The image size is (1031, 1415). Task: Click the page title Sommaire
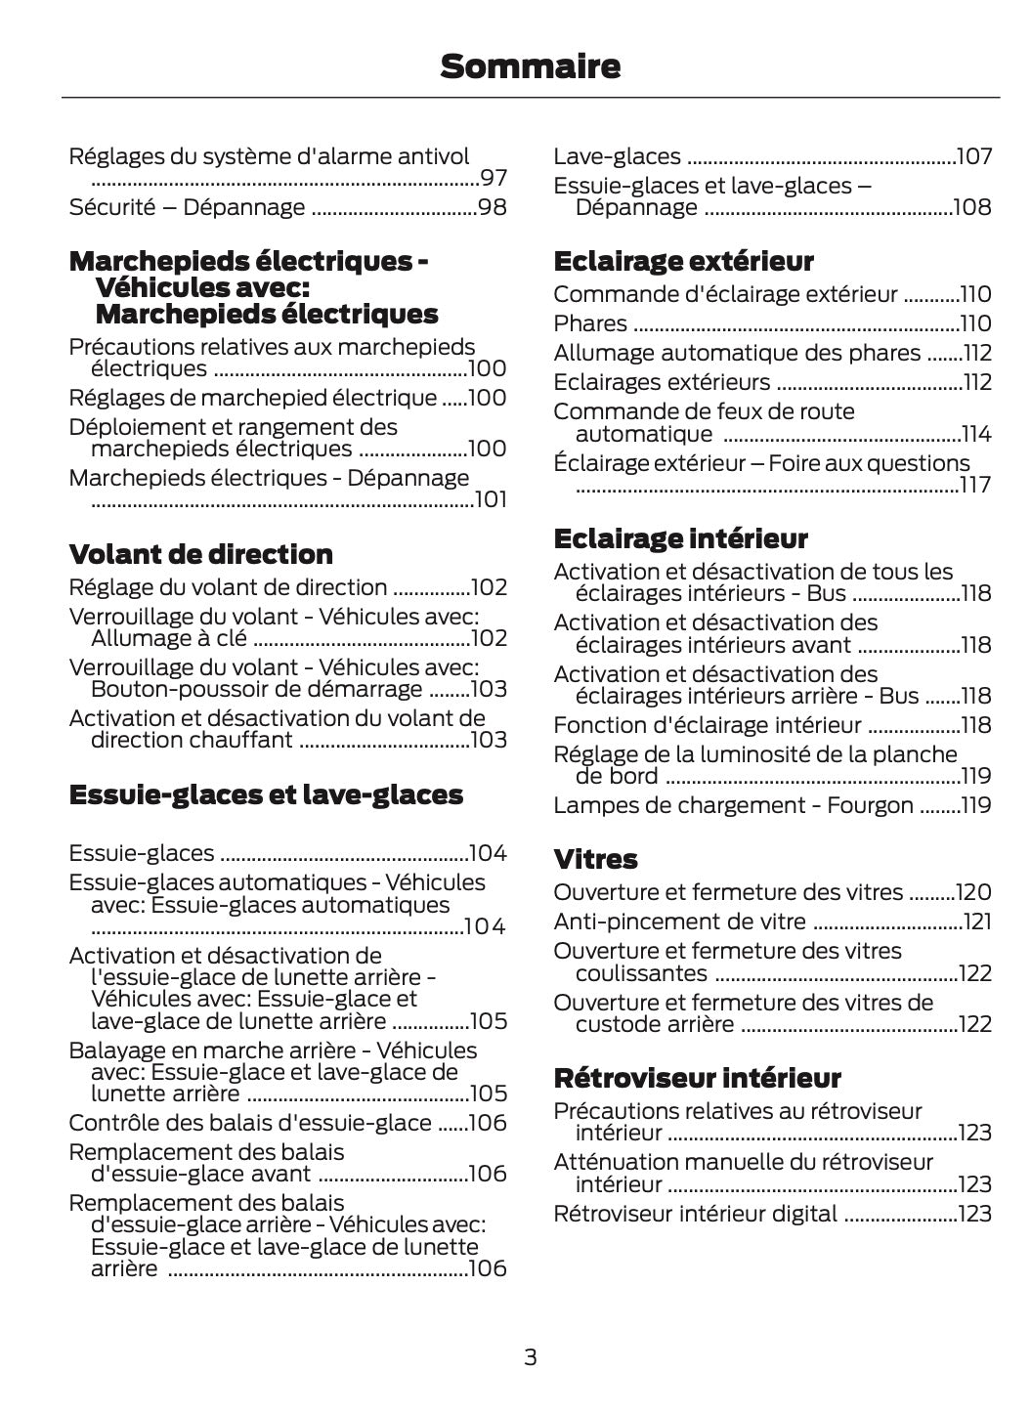pos(530,66)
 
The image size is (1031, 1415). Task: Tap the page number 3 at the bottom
pos(530,1356)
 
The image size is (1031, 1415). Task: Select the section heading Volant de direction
pos(201,554)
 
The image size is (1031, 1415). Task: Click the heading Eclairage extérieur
pos(683,261)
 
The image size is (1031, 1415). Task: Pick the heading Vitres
pos(595,859)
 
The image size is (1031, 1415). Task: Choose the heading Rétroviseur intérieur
pos(697,1078)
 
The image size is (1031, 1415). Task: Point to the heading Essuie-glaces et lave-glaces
pos(266,794)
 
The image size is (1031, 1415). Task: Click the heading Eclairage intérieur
pos(680,538)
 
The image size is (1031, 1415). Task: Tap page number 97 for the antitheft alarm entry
pos(494,178)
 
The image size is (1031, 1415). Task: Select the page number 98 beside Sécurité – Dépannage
pos(493,207)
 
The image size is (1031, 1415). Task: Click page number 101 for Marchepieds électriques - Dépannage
pos(491,500)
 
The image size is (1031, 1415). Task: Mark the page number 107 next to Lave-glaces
pos(974,156)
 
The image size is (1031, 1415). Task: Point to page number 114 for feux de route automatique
pos(976,434)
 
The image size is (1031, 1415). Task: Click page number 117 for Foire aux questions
pos(975,485)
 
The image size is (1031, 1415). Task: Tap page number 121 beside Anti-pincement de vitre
pos(977,922)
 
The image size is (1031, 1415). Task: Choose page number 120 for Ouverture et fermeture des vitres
pos(974,892)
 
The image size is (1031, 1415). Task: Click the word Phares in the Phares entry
pos(590,323)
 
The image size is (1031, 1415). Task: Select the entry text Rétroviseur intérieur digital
pos(695,1214)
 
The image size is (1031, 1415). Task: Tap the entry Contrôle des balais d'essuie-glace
pos(250,1123)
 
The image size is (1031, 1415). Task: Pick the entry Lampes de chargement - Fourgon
pos(733,805)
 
